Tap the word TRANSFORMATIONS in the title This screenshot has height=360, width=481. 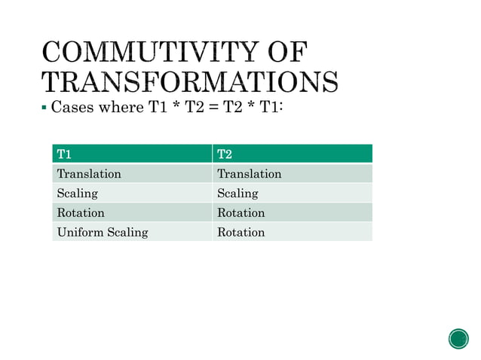[189, 82]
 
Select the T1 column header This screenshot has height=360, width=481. [64, 154]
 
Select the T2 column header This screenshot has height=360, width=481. [225, 154]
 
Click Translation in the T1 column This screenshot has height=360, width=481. [89, 174]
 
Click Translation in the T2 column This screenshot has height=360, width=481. [249, 174]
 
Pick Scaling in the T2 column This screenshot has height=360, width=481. [237, 194]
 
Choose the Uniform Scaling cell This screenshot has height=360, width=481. [103, 232]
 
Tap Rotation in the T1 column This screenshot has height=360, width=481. [81, 213]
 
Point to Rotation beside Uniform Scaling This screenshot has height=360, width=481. [240, 232]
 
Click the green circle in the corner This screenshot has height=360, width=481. [458, 338]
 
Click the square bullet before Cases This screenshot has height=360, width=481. [44, 109]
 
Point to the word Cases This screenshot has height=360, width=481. [72, 108]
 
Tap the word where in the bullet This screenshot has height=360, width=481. [119, 108]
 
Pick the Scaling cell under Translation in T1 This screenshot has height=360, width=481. [77, 194]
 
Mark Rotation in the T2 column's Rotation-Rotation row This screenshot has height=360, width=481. [240, 213]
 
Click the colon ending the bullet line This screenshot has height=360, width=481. [281, 108]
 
